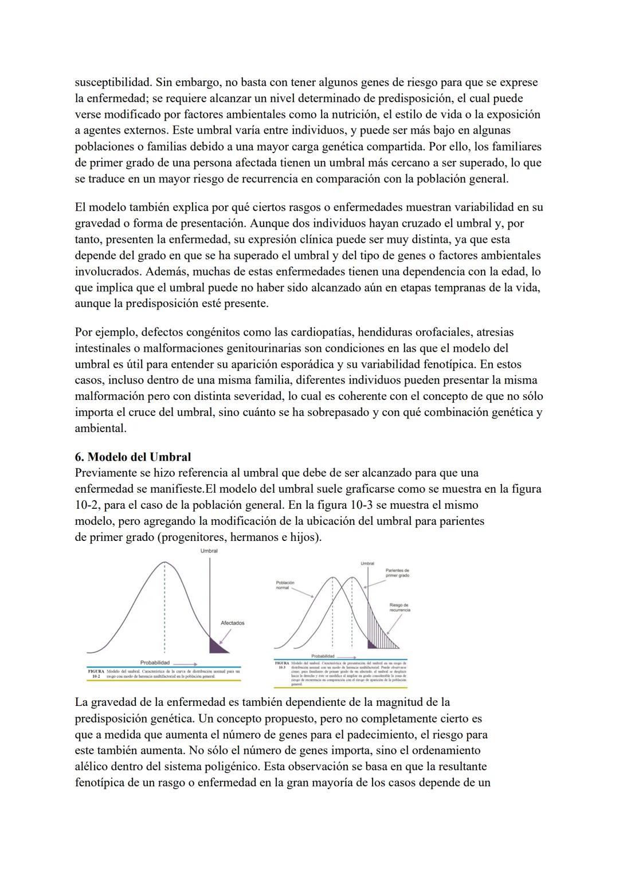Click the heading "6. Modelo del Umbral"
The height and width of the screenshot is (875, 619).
(132, 457)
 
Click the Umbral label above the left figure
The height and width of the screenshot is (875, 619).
(209, 551)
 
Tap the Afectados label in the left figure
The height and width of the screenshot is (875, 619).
(232, 623)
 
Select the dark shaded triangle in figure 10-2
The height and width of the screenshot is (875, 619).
(217, 647)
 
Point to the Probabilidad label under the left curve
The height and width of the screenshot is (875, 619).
(155, 662)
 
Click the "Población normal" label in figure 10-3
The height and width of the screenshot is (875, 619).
(285, 585)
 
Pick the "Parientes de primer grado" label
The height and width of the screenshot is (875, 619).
(397, 572)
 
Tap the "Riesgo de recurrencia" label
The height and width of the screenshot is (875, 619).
(399, 607)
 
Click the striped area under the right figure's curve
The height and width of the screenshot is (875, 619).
(382, 630)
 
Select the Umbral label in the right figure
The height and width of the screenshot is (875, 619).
(367, 563)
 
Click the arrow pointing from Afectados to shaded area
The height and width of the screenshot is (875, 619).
(224, 634)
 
